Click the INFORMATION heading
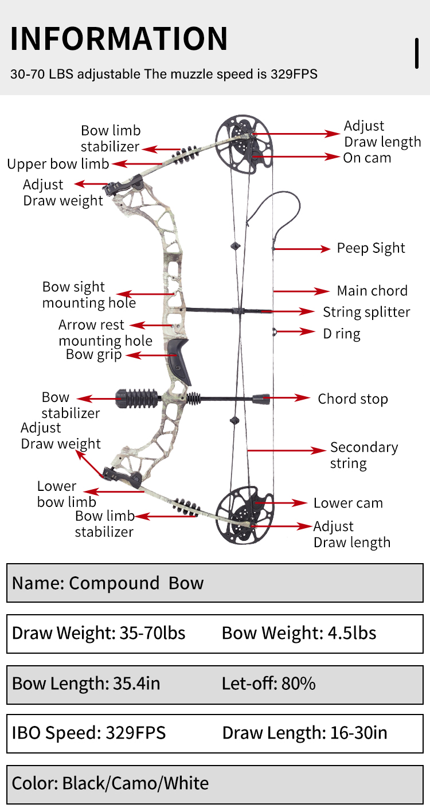coord(119,38)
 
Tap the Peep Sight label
coord(370,248)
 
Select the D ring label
coord(342,333)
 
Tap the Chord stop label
coord(353,399)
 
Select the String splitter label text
coord(366,312)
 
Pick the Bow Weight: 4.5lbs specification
coord(299,633)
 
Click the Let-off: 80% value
coord(268,684)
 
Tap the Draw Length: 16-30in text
coord(304,733)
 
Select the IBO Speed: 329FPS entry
coord(89,733)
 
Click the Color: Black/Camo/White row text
coord(110,783)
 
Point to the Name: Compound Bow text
coord(108,583)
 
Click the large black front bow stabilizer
coord(137,398)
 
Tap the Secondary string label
coord(363,455)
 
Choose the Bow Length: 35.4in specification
coord(86,684)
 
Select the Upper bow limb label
coord(58,164)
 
